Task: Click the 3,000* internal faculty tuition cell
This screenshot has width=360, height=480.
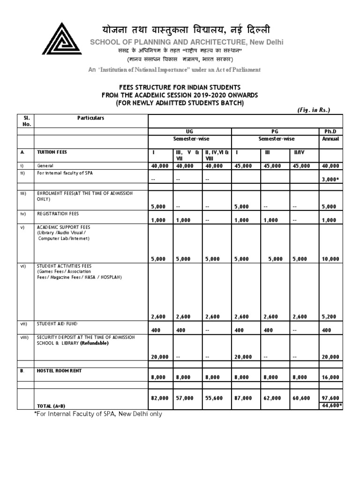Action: pyautogui.click(x=330, y=179)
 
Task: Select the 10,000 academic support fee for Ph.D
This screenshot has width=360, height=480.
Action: pyautogui.click(x=330, y=259)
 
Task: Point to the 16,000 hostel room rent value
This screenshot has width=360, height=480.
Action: pyautogui.click(x=330, y=377)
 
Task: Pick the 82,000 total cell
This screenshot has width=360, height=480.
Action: pyautogui.click(x=160, y=398)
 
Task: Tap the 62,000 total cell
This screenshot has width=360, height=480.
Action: pyautogui.click(x=273, y=398)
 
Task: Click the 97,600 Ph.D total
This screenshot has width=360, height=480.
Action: pyautogui.click(x=330, y=398)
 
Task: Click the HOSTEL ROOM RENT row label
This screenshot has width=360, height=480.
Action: pyautogui.click(x=60, y=371)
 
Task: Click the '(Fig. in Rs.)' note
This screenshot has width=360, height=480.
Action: pyautogui.click(x=314, y=110)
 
